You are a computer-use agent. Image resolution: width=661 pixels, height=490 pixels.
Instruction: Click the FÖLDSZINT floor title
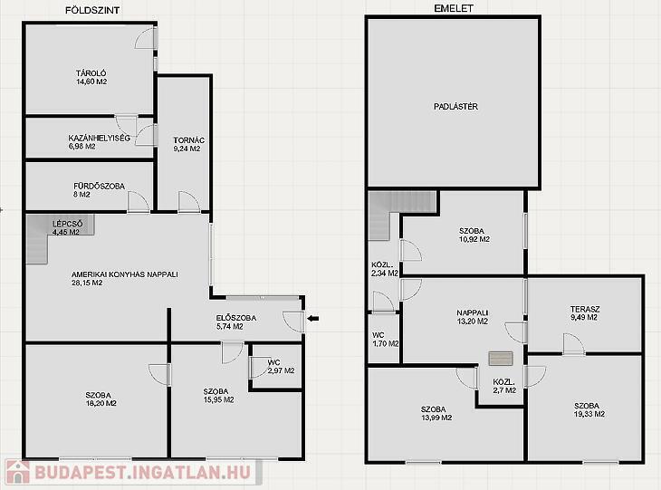(x=91, y=10)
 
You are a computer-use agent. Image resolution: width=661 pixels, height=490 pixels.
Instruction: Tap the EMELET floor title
(x=454, y=8)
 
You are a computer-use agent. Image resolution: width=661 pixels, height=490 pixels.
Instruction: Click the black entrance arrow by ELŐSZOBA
(x=312, y=319)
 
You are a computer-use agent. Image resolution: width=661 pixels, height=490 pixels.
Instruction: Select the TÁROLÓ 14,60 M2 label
(x=91, y=78)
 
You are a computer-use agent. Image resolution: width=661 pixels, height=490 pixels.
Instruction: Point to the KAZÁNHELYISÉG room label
(x=99, y=138)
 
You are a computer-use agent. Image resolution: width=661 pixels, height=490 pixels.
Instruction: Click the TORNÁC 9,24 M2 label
(x=188, y=144)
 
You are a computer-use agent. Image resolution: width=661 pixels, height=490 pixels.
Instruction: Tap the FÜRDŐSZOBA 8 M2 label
(x=99, y=190)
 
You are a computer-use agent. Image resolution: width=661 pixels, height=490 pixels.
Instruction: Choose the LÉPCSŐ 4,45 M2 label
(x=67, y=227)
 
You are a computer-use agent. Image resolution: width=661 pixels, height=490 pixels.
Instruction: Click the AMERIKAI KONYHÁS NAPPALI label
(x=125, y=274)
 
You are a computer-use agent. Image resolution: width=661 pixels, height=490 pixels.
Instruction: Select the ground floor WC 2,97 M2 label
(x=281, y=367)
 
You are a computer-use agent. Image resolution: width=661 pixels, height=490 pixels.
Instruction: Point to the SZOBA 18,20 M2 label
(x=101, y=399)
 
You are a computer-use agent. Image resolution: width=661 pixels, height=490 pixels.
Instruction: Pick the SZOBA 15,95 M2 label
(x=218, y=396)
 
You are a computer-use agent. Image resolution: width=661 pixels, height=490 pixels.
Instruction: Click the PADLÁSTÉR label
(x=455, y=107)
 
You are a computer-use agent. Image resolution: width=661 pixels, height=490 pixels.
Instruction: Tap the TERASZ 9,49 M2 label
(x=584, y=313)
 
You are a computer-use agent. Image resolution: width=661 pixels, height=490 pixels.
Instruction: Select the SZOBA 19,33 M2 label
(x=589, y=410)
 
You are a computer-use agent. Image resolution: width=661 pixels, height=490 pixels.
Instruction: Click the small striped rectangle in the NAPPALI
(x=501, y=359)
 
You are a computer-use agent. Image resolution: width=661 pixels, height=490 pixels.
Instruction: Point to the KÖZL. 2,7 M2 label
(x=504, y=386)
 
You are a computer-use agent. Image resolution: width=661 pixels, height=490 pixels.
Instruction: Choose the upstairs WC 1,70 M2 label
(x=386, y=340)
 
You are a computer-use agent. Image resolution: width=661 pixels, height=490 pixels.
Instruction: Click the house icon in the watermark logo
(x=17, y=472)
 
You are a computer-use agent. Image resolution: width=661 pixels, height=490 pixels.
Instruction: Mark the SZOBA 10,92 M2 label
(x=474, y=235)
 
